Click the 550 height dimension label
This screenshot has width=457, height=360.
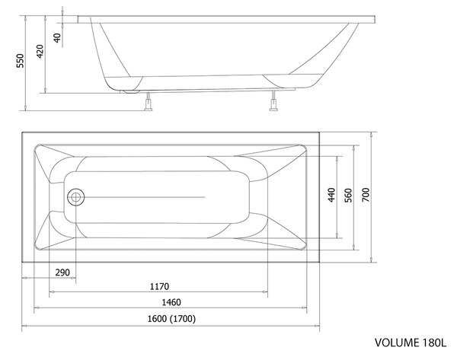20,61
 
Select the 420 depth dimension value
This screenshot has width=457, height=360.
40,51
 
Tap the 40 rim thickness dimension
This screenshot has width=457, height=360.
57,38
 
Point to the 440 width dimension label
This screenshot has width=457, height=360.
331,195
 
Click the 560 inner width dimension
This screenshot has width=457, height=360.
348,195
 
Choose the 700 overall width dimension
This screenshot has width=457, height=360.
366,195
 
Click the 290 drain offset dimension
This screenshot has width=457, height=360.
62,272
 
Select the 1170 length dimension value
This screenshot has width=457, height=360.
159,287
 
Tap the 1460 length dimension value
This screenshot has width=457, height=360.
171,302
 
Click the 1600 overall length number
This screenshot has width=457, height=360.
157,319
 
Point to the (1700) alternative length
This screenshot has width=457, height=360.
183,319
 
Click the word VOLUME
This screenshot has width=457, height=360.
397,342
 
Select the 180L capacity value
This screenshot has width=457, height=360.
434,342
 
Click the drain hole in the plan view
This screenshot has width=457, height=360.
75,197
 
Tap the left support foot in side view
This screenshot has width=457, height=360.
149,101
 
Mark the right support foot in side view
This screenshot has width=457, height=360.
273,100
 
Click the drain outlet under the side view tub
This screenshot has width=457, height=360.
132,92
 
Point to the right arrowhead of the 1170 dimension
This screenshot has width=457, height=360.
265,292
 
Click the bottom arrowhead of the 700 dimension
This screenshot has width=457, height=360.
372,260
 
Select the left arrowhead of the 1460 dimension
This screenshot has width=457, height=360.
37,307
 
